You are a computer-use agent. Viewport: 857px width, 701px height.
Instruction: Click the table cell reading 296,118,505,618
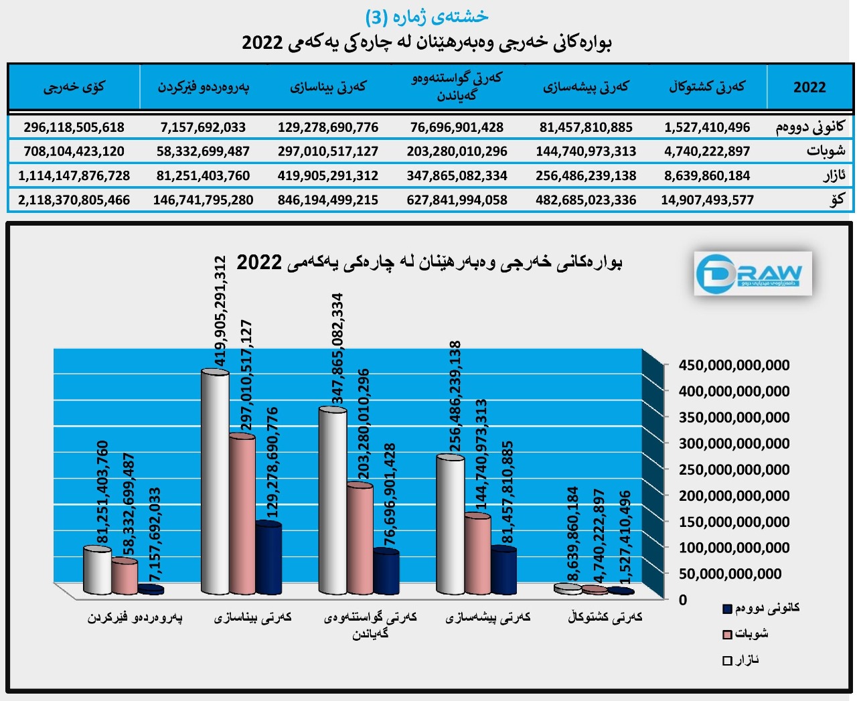point(74,127)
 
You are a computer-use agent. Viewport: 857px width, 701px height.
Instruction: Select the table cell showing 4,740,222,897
point(707,151)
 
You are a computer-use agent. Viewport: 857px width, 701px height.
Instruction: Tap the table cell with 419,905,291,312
point(328,175)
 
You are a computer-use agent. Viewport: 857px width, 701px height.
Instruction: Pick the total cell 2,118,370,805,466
point(74,200)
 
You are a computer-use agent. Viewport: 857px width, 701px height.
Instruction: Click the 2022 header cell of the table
point(809,87)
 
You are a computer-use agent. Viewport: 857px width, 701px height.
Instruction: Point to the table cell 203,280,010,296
point(457,151)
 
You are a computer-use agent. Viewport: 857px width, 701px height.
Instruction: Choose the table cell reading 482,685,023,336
point(586,200)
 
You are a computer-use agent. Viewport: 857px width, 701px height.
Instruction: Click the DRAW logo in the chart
point(753,273)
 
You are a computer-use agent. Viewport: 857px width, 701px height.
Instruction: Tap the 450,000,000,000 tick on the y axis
point(734,365)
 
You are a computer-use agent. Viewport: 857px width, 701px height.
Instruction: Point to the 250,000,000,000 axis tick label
point(734,469)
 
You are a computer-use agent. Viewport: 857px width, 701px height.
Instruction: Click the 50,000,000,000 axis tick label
point(730,574)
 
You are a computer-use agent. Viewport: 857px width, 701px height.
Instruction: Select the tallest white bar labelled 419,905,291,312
point(215,482)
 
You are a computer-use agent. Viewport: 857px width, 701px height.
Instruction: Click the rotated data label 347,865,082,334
point(338,348)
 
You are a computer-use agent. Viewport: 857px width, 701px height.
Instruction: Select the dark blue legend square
point(727,609)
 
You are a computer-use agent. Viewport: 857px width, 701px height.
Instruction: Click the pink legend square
point(727,634)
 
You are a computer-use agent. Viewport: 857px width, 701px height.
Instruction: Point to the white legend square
point(727,661)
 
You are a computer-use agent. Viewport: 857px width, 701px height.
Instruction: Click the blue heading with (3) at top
point(426,16)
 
